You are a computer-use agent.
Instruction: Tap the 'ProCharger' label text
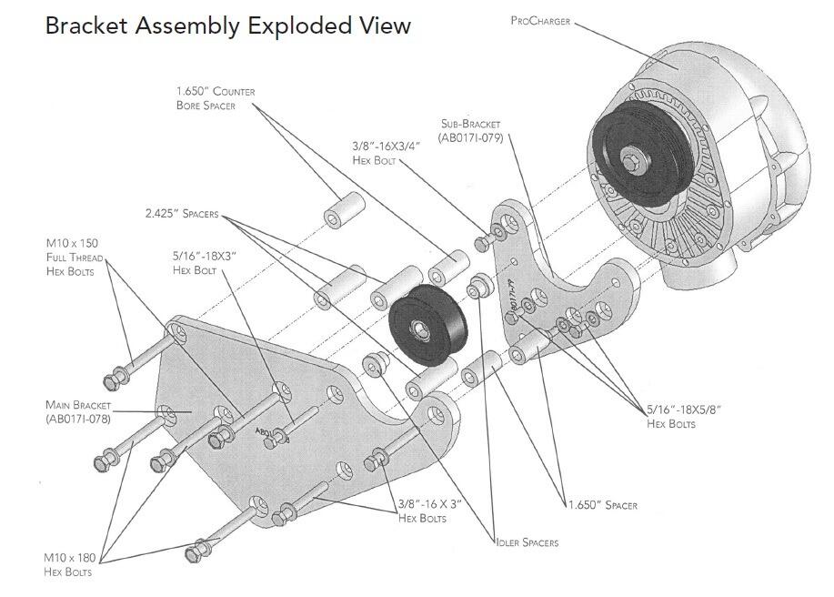tap(540, 20)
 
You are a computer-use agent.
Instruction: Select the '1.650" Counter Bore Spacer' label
tap(215, 98)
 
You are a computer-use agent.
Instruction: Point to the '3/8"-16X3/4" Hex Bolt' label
tap(386, 153)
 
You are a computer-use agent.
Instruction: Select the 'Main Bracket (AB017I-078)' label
tap(77, 411)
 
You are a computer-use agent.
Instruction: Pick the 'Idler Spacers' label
tap(527, 542)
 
